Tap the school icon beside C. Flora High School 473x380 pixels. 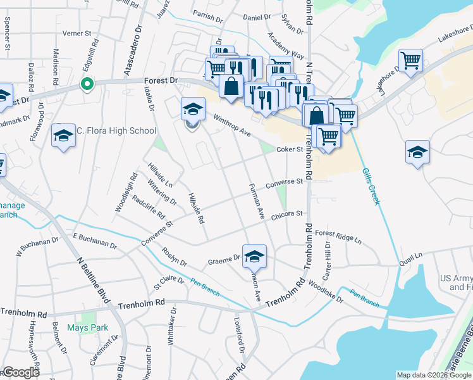63,136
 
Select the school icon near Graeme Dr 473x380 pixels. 254,256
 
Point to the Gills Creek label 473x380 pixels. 371,186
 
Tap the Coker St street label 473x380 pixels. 291,150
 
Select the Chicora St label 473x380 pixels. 288,214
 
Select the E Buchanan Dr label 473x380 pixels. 95,241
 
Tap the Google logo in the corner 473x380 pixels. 20,372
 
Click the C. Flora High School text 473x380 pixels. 116,131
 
